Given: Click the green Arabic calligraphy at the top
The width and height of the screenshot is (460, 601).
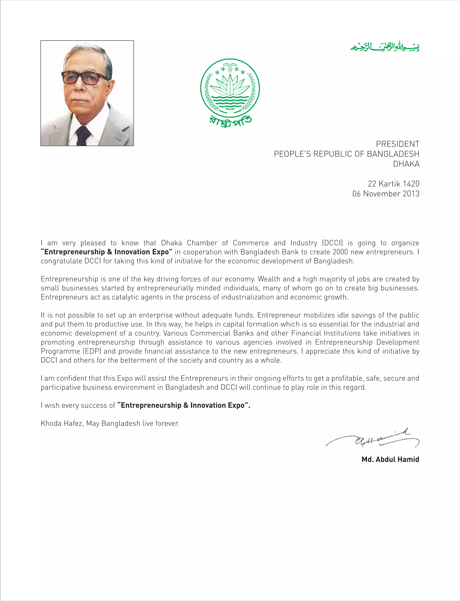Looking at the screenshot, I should coord(385,47).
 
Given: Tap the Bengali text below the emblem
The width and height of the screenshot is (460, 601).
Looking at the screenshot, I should coord(230,122).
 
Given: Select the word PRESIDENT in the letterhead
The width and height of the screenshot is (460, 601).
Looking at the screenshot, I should coord(397,144).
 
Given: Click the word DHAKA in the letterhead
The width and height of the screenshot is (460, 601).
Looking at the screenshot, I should coord(406,164).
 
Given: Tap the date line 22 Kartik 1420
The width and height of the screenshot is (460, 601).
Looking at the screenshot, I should coord(394,184).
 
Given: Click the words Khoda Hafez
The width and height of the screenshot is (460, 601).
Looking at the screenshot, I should coord(62,423).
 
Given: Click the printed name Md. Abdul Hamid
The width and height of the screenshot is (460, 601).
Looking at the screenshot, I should coord(390,459).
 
